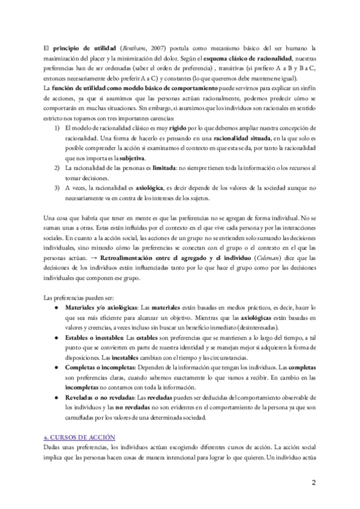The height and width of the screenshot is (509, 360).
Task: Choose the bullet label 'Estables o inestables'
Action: click(x=96, y=338)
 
